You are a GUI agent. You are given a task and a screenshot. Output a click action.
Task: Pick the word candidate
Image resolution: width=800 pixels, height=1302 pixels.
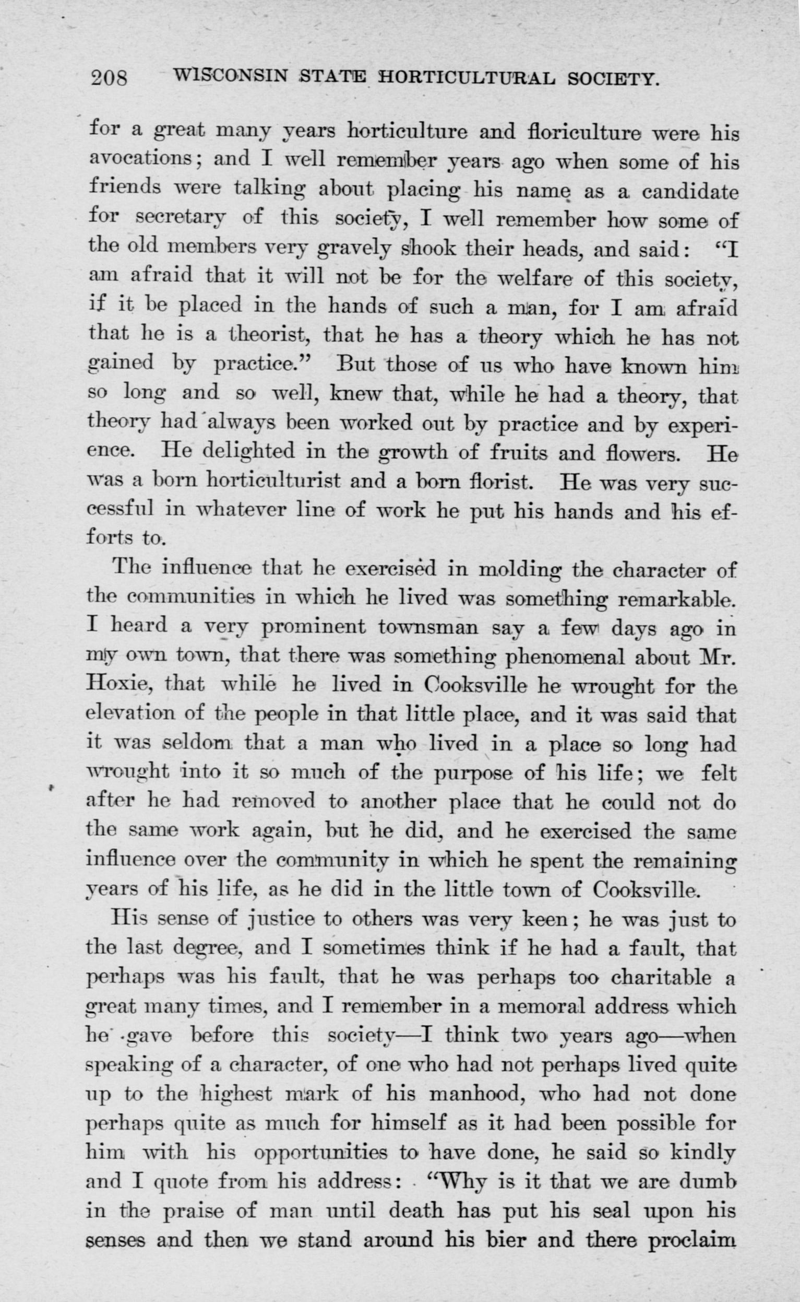(689, 190)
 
